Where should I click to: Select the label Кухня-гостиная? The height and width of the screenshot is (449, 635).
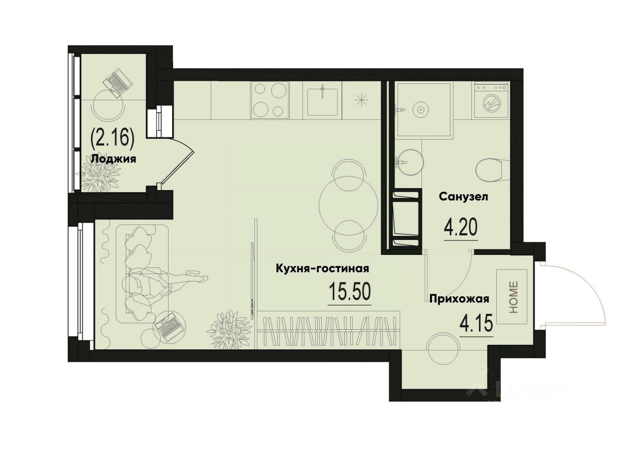point(322,269)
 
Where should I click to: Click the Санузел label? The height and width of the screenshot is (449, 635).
point(463,197)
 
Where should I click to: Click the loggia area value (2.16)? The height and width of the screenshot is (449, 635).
point(112,138)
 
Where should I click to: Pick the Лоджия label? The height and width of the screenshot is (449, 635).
point(114,159)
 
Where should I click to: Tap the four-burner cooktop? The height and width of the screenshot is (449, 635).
point(270,100)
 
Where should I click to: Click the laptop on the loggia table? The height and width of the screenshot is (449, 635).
point(117,81)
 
